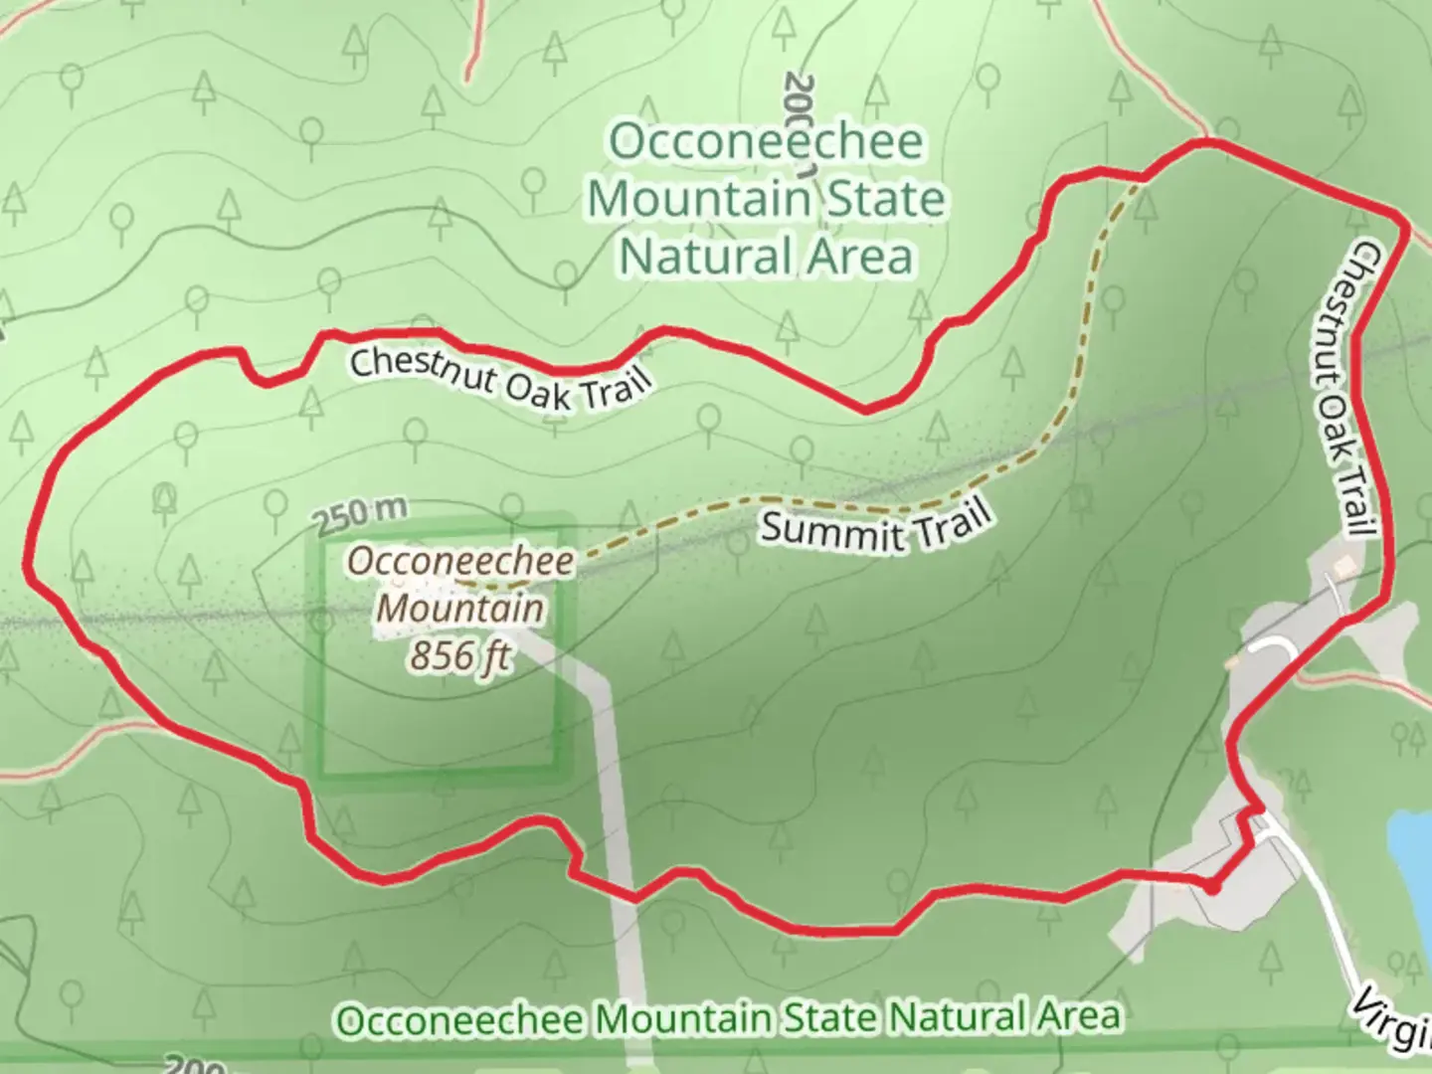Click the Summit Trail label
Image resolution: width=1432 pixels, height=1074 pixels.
(x=875, y=524)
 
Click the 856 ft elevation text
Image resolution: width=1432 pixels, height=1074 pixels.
(x=460, y=655)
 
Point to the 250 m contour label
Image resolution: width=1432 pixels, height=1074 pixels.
(x=360, y=514)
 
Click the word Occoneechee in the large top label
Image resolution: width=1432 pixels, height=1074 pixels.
(x=766, y=140)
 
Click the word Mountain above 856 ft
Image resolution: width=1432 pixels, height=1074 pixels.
(x=461, y=608)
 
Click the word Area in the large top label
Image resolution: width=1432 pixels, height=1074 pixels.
(x=859, y=256)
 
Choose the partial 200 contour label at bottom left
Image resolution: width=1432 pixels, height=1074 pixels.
(x=194, y=1065)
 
